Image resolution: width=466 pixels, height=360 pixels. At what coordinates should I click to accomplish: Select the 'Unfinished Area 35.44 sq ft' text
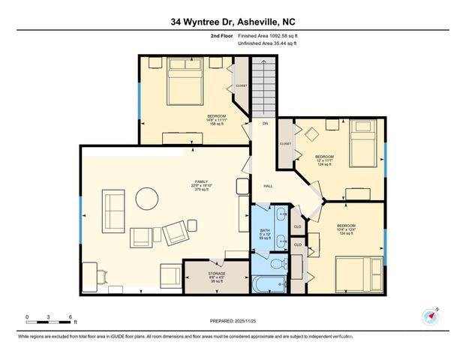tap(267, 44)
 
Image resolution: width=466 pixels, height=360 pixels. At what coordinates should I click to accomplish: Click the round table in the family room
tap(146, 199)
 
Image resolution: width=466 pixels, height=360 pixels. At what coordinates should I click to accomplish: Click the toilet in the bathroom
tap(277, 265)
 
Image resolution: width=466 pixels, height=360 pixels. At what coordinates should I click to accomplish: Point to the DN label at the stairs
tap(264, 123)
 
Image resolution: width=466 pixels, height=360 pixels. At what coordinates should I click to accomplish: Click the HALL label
tap(267, 187)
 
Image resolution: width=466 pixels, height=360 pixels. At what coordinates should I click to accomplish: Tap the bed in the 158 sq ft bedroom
tap(180, 82)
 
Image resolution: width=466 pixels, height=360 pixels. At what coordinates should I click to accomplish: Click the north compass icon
tap(430, 316)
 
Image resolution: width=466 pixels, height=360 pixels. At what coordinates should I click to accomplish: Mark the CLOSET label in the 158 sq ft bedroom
tap(241, 85)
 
